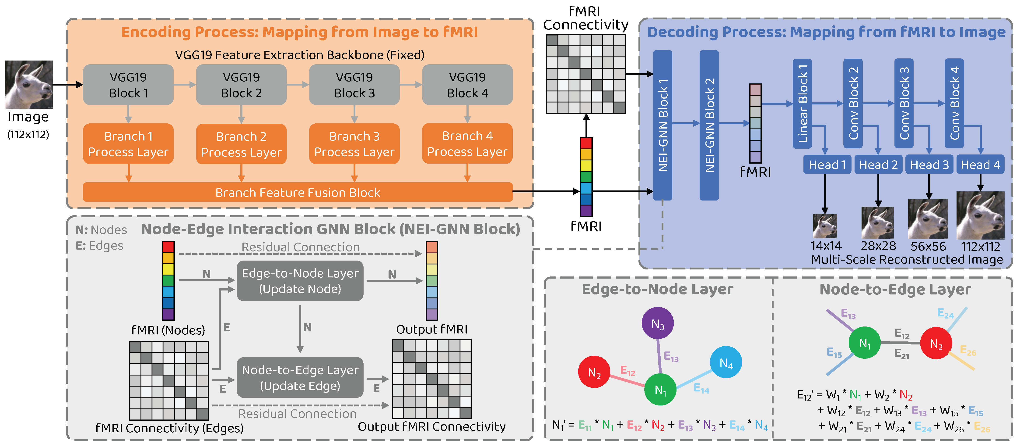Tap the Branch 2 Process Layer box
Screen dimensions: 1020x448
pos(242,144)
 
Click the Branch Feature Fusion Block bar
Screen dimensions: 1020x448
pos(298,192)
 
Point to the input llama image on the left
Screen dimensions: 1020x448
pos(28,84)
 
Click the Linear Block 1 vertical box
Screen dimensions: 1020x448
pos(802,104)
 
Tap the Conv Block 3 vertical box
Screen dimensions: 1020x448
pos(904,104)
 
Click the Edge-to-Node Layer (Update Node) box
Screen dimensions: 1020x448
pos(300,281)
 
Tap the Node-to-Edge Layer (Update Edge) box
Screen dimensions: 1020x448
pos(300,377)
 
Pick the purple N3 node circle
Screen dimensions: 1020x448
pos(658,323)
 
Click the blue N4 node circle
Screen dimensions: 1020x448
pos(726,362)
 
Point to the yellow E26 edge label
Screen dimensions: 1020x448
pos(968,351)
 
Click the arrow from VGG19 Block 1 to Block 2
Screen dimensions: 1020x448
pos(185,84)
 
